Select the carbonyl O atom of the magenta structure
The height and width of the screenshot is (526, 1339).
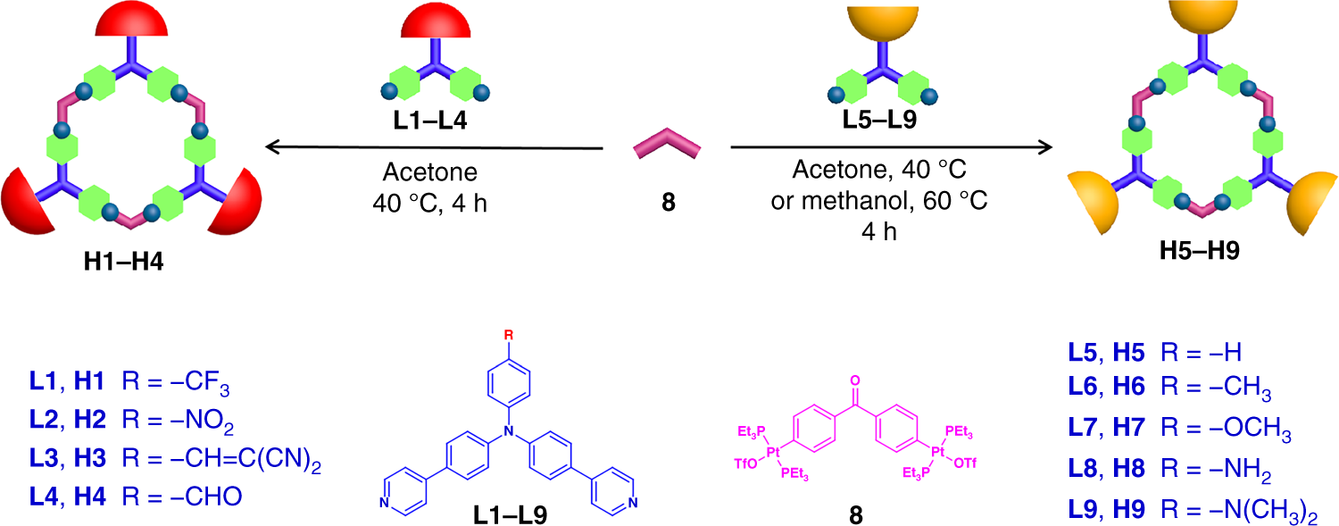click(854, 381)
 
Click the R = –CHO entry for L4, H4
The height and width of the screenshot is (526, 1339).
click(189, 495)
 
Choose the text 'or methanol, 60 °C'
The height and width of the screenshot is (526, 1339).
click(879, 201)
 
